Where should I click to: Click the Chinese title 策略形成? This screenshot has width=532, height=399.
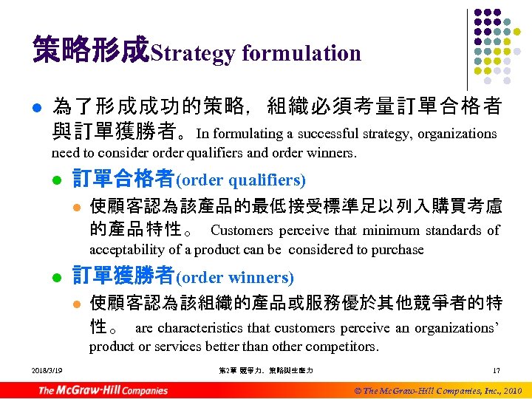[x=91, y=50]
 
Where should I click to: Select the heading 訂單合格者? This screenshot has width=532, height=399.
[x=123, y=179]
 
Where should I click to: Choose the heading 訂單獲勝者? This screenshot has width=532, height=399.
[x=123, y=276]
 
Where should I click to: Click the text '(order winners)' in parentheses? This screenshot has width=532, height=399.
[x=234, y=278]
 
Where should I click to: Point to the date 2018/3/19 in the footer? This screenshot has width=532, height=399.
[x=47, y=369]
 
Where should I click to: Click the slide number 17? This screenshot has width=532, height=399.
[x=496, y=369]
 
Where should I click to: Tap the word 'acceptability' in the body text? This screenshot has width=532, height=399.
[x=124, y=250]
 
